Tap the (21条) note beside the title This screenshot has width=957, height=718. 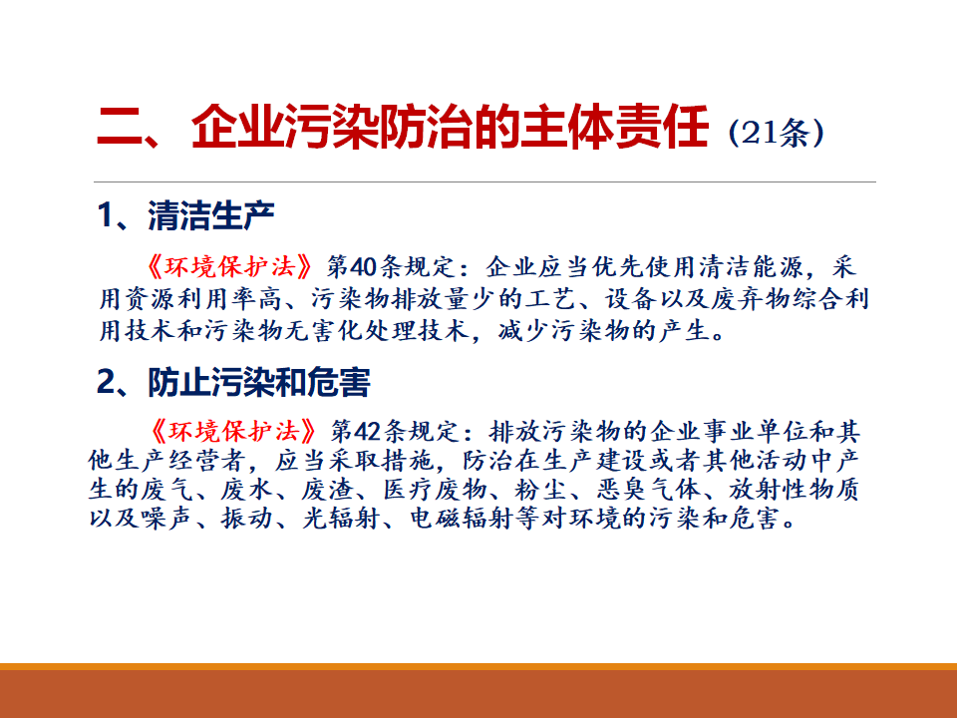pyautogui.click(x=776, y=133)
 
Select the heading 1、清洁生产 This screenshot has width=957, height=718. pyautogui.click(x=185, y=215)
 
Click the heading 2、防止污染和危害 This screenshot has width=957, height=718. pyautogui.click(x=233, y=382)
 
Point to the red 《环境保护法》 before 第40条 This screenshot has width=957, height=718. pyautogui.click(x=229, y=267)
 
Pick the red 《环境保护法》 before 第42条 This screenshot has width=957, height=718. pyautogui.click(x=233, y=431)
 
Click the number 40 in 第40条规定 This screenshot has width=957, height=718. pyautogui.click(x=365, y=267)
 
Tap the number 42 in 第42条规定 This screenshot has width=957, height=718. pyautogui.click(x=368, y=431)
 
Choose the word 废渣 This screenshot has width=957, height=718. pyautogui.click(x=328, y=489)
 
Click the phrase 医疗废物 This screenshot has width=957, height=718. pyautogui.click(x=435, y=489)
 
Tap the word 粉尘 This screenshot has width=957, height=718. pyautogui.click(x=541, y=489)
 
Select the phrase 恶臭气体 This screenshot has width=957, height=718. pyautogui.click(x=648, y=489)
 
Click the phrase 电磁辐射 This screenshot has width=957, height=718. pyautogui.click(x=462, y=518)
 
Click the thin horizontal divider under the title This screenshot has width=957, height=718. pyautogui.click(x=484, y=181)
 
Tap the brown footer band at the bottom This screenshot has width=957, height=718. pyautogui.click(x=478, y=694)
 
